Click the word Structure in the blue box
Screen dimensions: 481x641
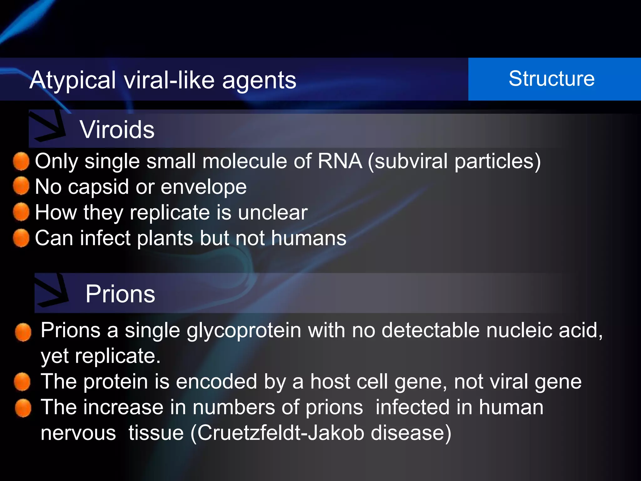coord(551,79)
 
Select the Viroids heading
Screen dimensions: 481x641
coord(117,130)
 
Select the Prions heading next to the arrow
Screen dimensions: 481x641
coord(120,294)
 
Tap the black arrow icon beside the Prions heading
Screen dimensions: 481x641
coord(52,291)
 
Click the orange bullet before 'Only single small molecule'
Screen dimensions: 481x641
coord(21,161)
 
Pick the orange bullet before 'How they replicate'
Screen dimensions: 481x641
coord(21,212)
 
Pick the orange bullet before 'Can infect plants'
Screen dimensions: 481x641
coord(21,238)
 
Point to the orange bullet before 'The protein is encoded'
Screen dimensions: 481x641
coord(22,382)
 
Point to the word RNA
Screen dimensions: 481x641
coord(340,161)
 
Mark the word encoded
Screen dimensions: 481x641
coord(216,382)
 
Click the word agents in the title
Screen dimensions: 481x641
coord(259,81)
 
